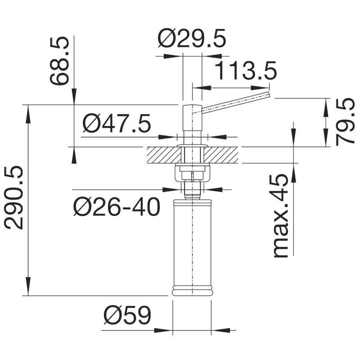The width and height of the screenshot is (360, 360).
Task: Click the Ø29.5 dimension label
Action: pyautogui.click(x=192, y=38)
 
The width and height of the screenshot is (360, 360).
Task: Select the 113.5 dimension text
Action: pyautogui.click(x=246, y=71)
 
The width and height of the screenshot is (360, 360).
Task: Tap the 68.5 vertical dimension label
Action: pyautogui.click(x=59, y=61)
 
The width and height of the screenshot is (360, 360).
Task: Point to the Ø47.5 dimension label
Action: pyautogui.click(x=117, y=123)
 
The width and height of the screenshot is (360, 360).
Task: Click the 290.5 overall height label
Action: pyautogui.click(x=14, y=198)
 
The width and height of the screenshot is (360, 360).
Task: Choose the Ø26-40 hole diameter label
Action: pyautogui.click(x=117, y=207)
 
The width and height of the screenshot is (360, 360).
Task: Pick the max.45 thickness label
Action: pyautogui.click(x=280, y=216)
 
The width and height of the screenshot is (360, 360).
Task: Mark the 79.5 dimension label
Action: pyautogui.click(x=345, y=121)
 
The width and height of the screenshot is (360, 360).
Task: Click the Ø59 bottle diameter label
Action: pyautogui.click(x=127, y=315)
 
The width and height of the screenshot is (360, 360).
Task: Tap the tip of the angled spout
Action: pyautogui.click(x=269, y=95)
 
